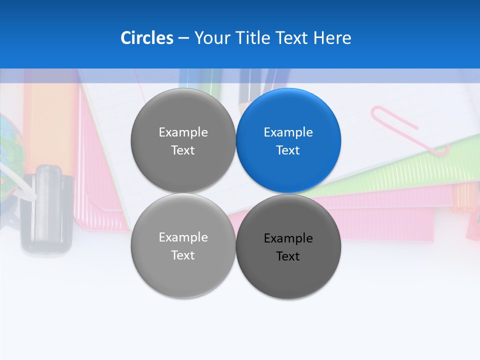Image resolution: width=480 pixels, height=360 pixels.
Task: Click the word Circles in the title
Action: [x=146, y=38]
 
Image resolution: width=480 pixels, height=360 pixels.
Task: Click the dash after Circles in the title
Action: [x=183, y=38]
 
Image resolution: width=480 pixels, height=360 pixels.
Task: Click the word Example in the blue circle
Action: [x=288, y=132]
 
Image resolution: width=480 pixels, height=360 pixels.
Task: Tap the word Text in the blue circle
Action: [x=288, y=150]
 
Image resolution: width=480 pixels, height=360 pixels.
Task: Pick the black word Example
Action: [x=288, y=238]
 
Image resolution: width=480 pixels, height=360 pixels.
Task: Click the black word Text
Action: [x=288, y=256]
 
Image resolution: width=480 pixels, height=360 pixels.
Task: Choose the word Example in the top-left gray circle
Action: [x=183, y=132]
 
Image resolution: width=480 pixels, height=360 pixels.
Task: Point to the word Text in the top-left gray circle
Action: [x=183, y=150]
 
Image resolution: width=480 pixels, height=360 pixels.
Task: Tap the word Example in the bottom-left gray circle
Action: [x=183, y=237]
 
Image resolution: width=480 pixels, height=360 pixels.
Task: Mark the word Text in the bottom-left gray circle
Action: [x=183, y=255]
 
